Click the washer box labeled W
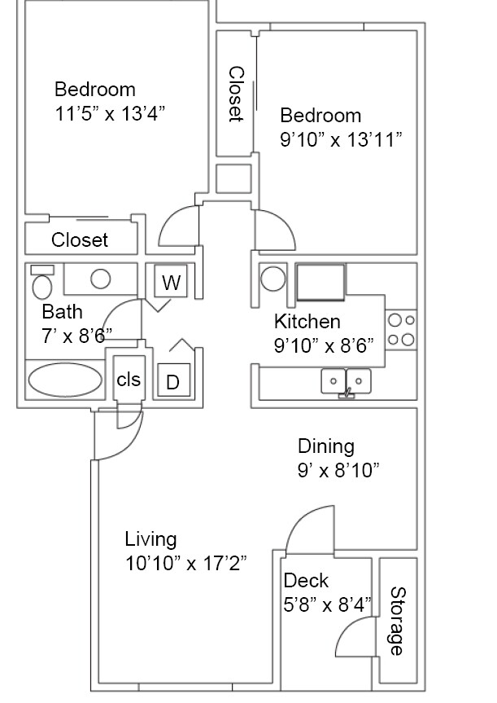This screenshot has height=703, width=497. [171, 283]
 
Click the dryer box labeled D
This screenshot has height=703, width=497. [172, 381]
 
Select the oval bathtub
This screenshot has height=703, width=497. [65, 380]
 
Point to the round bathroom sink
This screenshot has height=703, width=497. [100, 279]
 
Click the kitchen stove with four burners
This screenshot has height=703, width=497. [401, 330]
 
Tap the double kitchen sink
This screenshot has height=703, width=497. [346, 380]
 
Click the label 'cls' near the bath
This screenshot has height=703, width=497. [129, 380]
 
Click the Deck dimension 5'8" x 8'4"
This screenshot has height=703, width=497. [327, 604]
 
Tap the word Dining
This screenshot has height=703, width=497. [325, 446]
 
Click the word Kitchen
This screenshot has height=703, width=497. [307, 321]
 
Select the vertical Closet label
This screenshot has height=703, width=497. [236, 94]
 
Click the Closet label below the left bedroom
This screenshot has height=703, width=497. [80, 239]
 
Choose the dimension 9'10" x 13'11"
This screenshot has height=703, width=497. [341, 139]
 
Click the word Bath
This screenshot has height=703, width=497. [62, 311]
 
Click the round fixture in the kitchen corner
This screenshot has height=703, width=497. [272, 279]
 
